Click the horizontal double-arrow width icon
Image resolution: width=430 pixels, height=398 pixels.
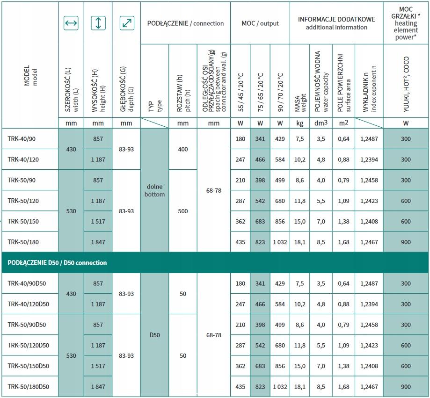point(71,23)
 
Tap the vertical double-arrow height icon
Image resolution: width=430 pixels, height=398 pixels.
point(98,23)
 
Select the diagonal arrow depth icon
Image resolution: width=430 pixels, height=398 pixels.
point(126,23)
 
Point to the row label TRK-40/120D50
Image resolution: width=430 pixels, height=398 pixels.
point(29,304)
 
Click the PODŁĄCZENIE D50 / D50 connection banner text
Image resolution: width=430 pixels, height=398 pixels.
point(57,262)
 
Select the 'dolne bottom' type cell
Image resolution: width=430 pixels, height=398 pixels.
point(154,190)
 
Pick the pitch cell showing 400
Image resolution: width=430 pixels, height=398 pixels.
point(183,149)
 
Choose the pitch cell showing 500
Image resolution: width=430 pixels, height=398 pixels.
point(183,211)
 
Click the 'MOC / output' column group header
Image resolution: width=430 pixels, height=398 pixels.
point(260,23)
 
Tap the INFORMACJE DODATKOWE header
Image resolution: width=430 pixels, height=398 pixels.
point(336,23)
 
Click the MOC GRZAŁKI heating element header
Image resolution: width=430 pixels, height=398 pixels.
point(405,23)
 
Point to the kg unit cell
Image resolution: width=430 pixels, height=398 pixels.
point(300,123)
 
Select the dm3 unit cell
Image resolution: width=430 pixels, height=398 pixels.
point(321,123)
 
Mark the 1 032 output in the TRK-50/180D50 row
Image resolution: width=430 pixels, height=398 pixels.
point(280,387)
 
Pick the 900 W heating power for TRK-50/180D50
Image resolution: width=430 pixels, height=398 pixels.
point(406,387)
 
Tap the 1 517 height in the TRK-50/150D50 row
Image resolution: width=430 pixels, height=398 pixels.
point(98,366)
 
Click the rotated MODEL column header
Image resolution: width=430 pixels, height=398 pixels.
point(29,75)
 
